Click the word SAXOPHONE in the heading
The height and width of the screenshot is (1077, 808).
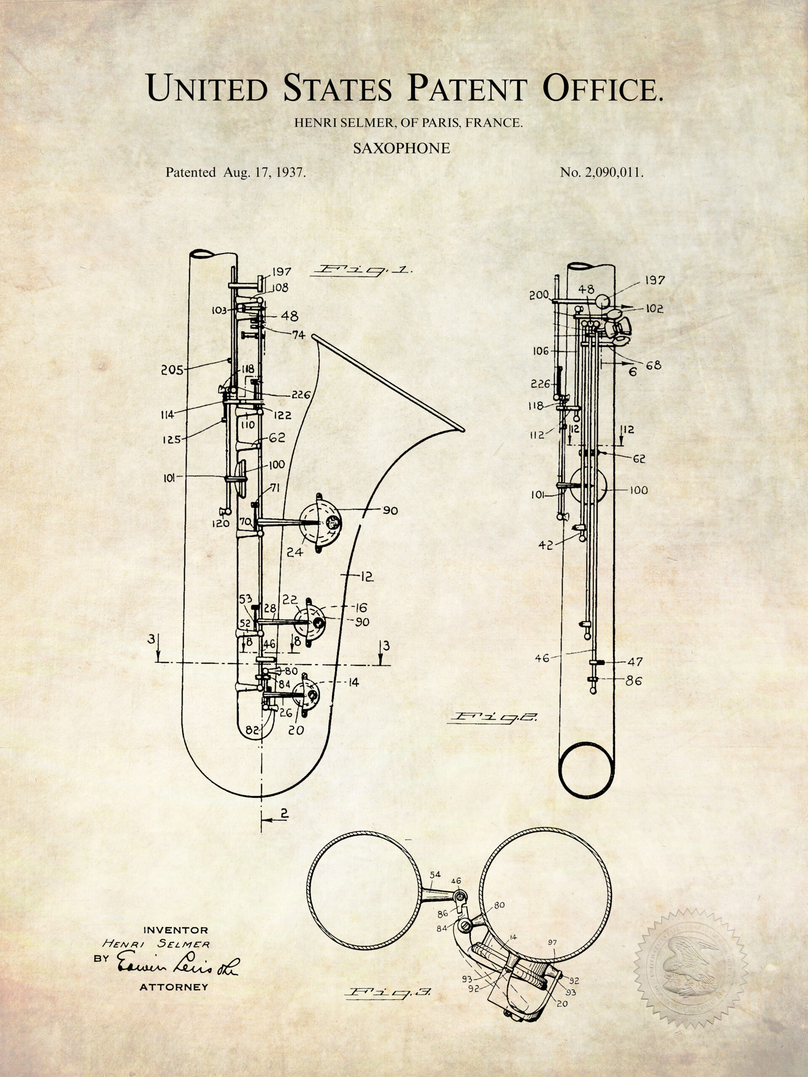(401, 149)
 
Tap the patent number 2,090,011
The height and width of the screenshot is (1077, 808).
(615, 172)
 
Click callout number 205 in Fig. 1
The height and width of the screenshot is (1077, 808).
(172, 371)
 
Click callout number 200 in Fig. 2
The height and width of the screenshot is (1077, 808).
(540, 295)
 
